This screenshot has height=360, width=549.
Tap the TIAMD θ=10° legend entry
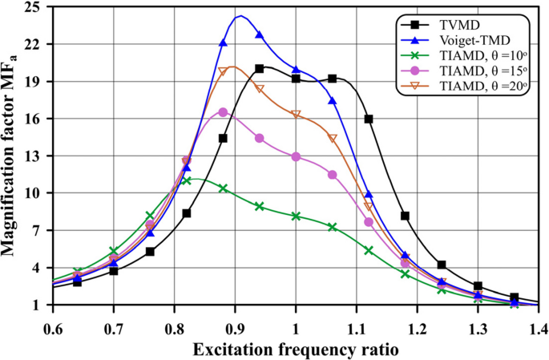[482, 56]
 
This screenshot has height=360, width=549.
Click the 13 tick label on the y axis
[34, 156]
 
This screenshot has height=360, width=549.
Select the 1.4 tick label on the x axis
[537, 330]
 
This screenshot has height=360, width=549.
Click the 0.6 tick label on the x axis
[53, 330]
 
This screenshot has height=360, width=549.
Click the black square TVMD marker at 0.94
[260, 69]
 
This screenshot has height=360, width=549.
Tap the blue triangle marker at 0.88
[223, 42]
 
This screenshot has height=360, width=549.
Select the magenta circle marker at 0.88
[223, 112]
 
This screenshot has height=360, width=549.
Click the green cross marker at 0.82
[187, 180]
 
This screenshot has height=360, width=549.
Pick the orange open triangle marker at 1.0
[296, 115]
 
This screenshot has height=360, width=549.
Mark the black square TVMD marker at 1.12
[369, 119]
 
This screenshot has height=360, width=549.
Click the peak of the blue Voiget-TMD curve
[240, 16]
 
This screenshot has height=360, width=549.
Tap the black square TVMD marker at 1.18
[405, 216]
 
